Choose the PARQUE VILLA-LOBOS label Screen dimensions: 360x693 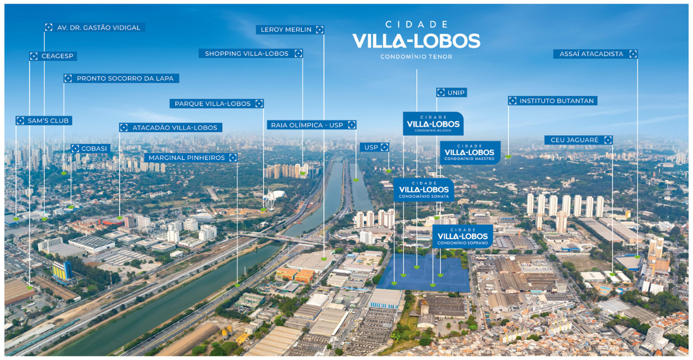(x=217, y=104)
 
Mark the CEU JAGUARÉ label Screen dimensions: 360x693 (x=578, y=140)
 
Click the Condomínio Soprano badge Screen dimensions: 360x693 (x=462, y=236)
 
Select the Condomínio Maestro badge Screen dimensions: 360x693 (x=470, y=152)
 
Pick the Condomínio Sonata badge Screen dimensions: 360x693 (x=424, y=189)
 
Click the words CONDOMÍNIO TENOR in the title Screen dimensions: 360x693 (x=416, y=57)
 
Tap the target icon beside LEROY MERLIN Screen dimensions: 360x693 (x=319, y=30)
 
